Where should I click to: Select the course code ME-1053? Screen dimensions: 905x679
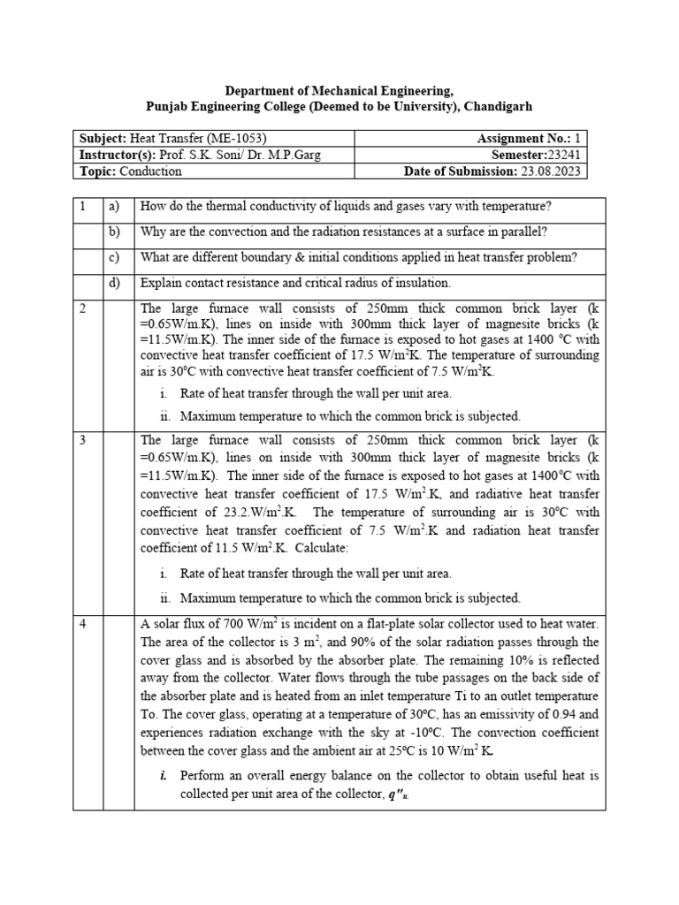(236, 138)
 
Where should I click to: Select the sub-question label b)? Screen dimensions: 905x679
(114, 232)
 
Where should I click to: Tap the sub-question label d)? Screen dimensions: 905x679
(114, 283)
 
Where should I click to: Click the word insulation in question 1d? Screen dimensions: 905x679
(418, 283)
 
